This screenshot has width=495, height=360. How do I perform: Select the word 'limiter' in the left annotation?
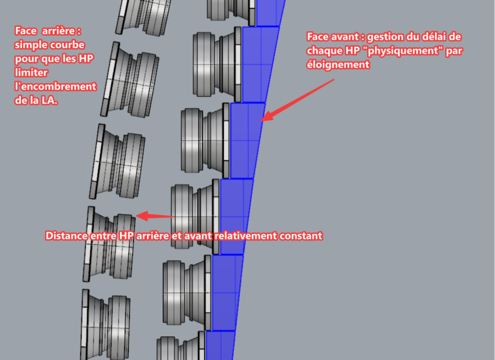click(x=31, y=72)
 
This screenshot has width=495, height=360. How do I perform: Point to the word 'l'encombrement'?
click(x=56, y=86)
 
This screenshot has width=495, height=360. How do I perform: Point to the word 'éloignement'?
click(x=338, y=64)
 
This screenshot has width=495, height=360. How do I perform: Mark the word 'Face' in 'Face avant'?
click(x=317, y=37)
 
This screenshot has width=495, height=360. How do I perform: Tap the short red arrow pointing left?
click(x=155, y=216)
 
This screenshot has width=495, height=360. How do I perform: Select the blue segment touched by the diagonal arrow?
click(x=246, y=141)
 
